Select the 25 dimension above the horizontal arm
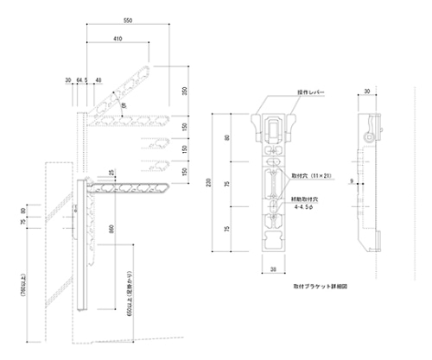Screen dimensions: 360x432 pyautogui.click(x=111, y=173)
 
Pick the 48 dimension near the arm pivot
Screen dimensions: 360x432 pyautogui.click(x=98, y=80)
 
